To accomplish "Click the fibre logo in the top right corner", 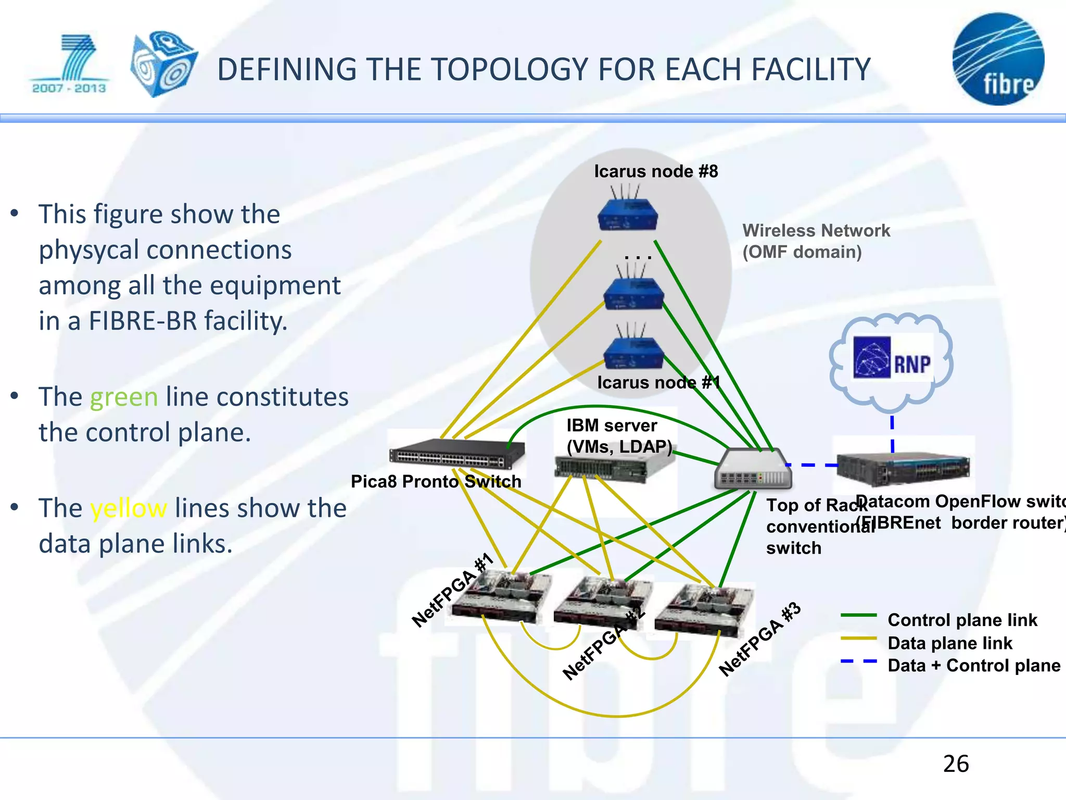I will point(998,59).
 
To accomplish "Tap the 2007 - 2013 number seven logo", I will point(70,64).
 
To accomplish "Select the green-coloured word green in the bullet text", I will point(124,397).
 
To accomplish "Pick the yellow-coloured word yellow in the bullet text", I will point(129,508).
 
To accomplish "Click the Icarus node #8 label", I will point(656,171).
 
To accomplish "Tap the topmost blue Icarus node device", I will point(628,215).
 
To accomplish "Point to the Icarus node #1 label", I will point(658,383).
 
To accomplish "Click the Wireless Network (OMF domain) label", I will point(816,241).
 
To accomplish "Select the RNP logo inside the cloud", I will point(892,358).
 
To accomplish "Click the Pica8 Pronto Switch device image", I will point(456,454).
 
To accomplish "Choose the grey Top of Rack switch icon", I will point(753,470).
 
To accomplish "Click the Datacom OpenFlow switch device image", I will point(903,467).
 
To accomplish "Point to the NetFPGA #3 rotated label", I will point(759,639).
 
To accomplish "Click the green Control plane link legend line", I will point(858,616).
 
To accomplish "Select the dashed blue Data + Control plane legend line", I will point(858,661).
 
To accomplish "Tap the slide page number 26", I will point(956,764).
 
